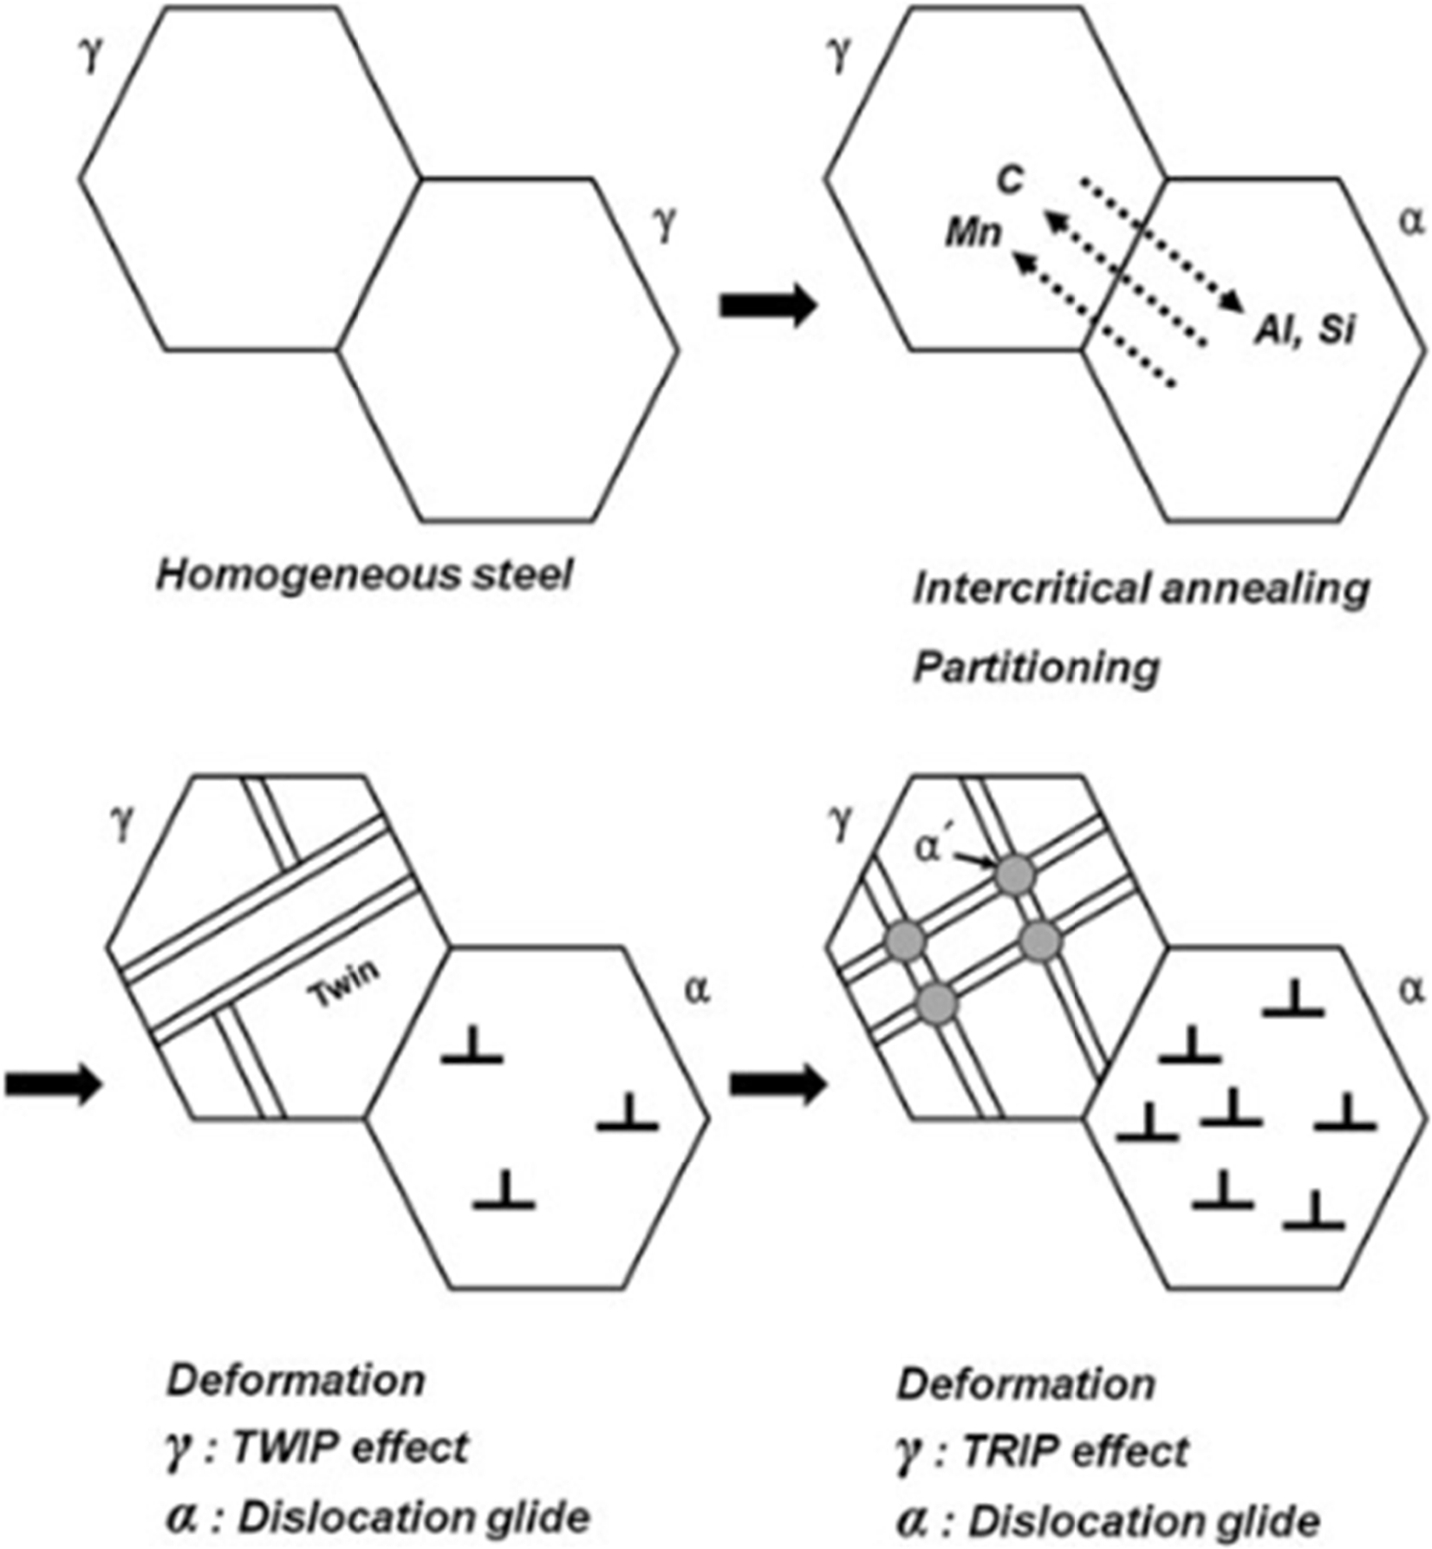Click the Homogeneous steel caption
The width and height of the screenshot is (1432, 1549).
tap(364, 575)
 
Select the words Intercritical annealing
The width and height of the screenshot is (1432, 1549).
tap(1141, 589)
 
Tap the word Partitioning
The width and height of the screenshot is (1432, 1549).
tap(1037, 667)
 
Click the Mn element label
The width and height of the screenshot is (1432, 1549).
tap(973, 232)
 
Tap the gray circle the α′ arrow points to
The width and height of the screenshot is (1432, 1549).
tap(1015, 875)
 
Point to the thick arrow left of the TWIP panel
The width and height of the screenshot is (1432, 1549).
tap(54, 1084)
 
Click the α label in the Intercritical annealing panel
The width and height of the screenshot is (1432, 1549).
tap(1411, 223)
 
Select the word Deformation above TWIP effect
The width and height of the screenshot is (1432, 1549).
tap(296, 1380)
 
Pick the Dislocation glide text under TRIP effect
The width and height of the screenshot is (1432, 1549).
tap(1144, 1520)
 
